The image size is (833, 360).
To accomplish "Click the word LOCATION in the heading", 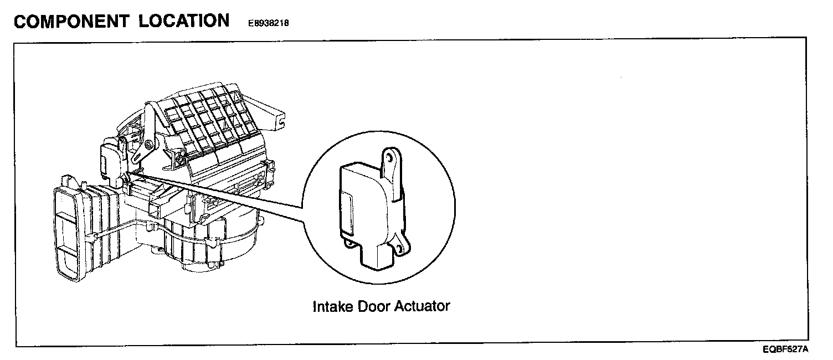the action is pyautogui.click(x=184, y=21).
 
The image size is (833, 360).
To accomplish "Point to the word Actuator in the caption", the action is pyautogui.click(x=422, y=306).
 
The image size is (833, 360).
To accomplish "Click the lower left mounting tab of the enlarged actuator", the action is pyautogui.click(x=348, y=242).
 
